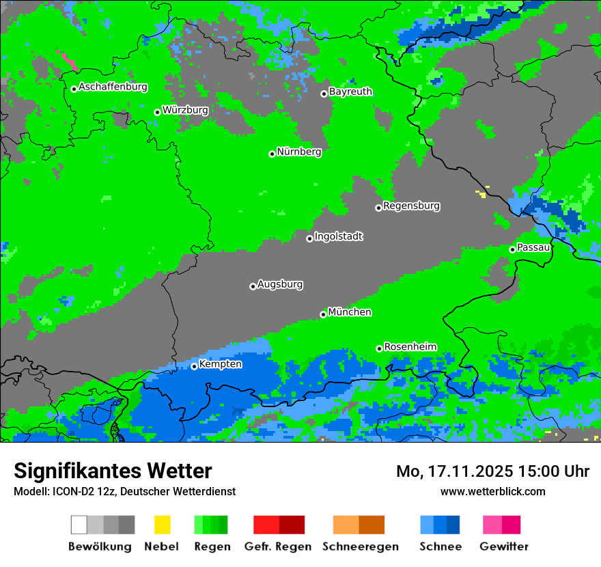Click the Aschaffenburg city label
[x=113, y=87]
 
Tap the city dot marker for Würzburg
[x=157, y=112]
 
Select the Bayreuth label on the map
[x=350, y=92]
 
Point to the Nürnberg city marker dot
[x=272, y=154]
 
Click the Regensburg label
[x=411, y=206]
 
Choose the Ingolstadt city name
[x=338, y=236]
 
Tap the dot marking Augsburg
[x=253, y=286]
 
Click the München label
[x=350, y=312]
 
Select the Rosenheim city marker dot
[x=379, y=348]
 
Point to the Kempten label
[x=220, y=364]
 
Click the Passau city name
[x=533, y=247]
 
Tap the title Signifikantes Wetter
[x=113, y=471]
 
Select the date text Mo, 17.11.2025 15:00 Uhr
[x=492, y=471]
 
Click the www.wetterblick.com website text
[x=492, y=491]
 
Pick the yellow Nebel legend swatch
[x=162, y=525]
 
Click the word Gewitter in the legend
[x=504, y=547]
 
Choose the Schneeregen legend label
[x=360, y=547]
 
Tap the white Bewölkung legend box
[x=79, y=525]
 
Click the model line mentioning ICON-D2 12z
[x=124, y=491]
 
